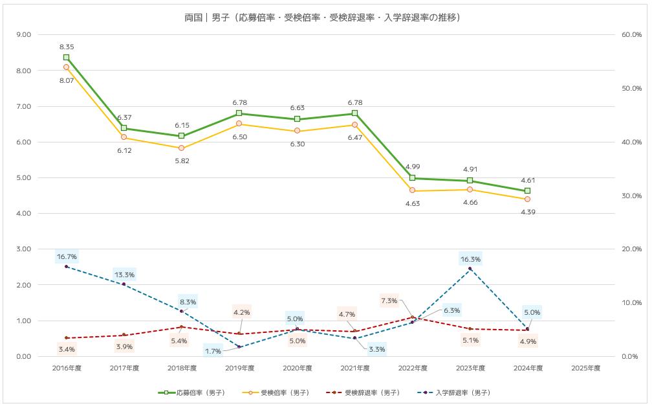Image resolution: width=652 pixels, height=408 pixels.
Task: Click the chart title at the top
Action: tap(326, 17)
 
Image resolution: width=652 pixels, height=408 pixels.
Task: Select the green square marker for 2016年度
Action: tap(66, 57)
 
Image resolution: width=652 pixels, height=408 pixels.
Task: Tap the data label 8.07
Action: tap(66, 80)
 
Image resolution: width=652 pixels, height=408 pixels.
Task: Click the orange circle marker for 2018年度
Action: tap(182, 148)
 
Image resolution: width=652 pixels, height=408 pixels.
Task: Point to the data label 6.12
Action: tap(124, 150)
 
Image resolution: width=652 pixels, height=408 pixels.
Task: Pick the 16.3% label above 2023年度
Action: tap(470, 259)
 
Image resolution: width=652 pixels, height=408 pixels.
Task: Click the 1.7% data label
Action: tap(213, 351)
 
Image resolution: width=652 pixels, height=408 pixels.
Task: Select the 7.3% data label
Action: tap(389, 300)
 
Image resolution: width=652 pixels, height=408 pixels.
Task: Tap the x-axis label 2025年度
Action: tap(586, 368)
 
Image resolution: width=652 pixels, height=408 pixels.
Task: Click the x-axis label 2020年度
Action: tap(297, 368)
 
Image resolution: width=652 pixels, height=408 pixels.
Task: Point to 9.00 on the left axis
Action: tap(23, 35)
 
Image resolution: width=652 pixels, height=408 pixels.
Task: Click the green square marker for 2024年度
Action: tap(528, 190)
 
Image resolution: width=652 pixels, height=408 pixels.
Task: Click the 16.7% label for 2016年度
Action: tap(67, 256)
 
